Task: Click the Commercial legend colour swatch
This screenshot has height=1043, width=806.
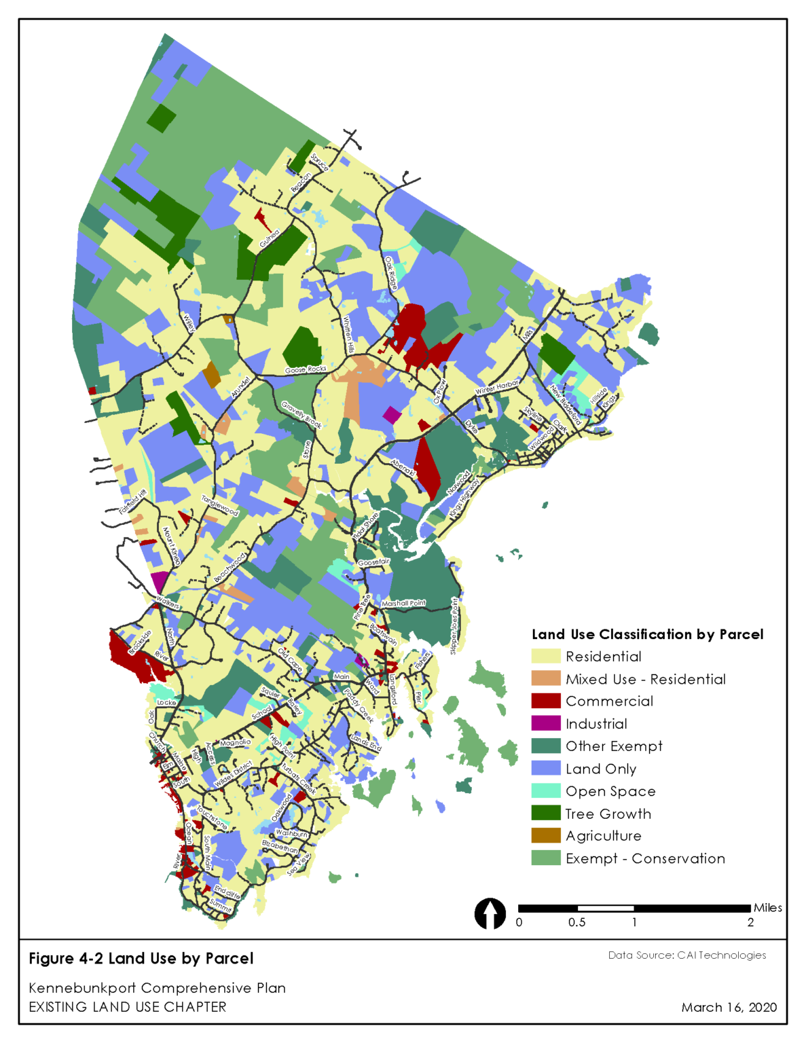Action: (x=545, y=701)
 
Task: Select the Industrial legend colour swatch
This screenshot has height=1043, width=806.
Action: (x=545, y=723)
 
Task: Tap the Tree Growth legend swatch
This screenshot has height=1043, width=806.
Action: (x=545, y=813)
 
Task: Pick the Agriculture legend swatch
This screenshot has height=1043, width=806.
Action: (x=545, y=835)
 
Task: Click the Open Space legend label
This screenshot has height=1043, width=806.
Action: (x=610, y=791)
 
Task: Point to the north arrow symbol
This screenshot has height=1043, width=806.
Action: (x=490, y=913)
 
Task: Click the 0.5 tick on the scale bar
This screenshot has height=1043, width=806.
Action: (x=576, y=922)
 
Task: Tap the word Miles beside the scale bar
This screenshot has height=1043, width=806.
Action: (x=767, y=908)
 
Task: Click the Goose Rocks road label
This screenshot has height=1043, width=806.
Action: (x=306, y=369)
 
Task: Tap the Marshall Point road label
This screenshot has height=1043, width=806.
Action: (x=403, y=603)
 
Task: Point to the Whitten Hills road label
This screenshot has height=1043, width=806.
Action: (x=348, y=335)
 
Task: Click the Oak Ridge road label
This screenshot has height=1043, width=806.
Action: (x=390, y=273)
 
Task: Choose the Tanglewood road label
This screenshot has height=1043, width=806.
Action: (x=220, y=505)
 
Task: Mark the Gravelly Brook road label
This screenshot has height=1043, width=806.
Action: (x=301, y=415)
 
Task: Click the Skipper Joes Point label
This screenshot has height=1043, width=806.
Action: (x=454, y=626)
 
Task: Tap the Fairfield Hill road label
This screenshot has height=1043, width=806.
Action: (x=133, y=501)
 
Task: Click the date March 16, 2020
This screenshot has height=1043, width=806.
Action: (x=729, y=1007)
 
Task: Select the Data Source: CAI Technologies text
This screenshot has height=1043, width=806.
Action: (x=686, y=955)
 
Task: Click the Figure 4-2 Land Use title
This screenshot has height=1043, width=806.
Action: (x=141, y=958)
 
